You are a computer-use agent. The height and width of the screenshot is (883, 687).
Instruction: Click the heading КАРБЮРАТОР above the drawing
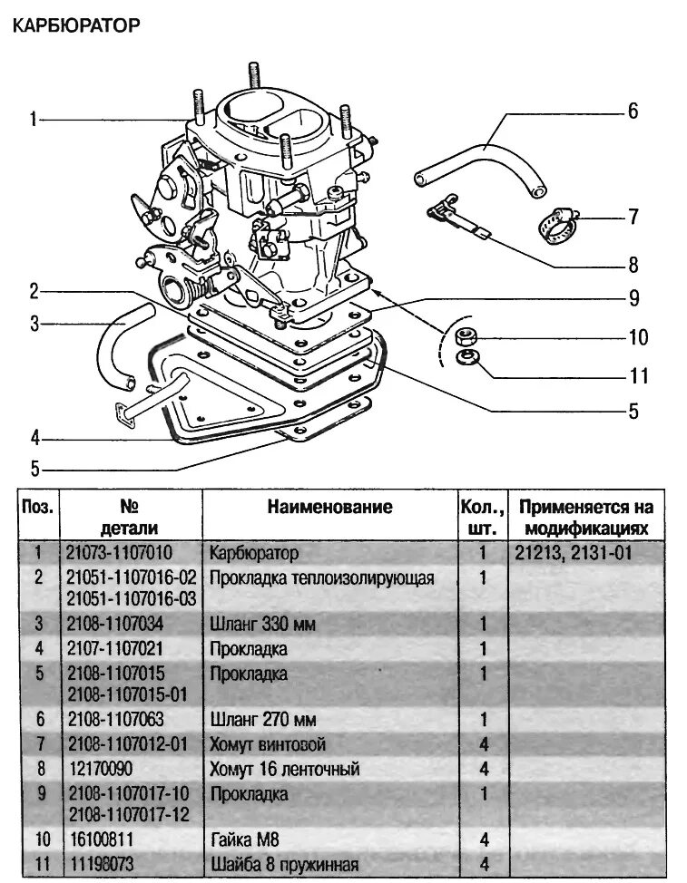click(x=74, y=26)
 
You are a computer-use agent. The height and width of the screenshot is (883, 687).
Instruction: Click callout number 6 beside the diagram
click(x=633, y=112)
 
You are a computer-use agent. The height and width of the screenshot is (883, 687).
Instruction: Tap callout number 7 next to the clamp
click(x=633, y=218)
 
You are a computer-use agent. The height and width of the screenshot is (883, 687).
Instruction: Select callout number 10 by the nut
click(x=639, y=338)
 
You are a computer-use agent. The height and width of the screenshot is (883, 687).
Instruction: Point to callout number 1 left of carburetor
click(x=33, y=119)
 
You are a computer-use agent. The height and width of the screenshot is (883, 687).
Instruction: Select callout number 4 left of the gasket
click(x=34, y=439)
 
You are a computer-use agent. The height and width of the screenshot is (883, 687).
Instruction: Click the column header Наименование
click(x=329, y=507)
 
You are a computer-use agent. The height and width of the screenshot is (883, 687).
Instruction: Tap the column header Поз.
click(x=38, y=507)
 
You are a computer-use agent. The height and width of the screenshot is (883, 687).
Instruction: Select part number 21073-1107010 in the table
click(x=119, y=552)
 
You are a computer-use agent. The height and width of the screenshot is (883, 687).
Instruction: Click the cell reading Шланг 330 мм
click(x=263, y=623)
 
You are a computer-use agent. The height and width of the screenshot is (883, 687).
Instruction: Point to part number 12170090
click(x=102, y=769)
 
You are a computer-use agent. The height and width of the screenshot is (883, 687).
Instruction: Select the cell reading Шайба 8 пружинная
click(x=284, y=863)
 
